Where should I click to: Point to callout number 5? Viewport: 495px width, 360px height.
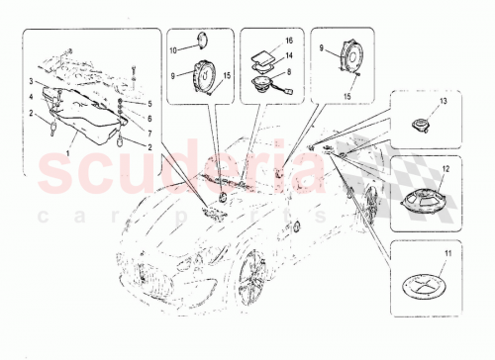click(149, 103)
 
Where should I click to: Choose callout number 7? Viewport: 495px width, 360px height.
click(149, 131)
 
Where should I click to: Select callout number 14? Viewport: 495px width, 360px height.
click(289, 58)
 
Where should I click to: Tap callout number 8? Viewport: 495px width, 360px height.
click(289, 71)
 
